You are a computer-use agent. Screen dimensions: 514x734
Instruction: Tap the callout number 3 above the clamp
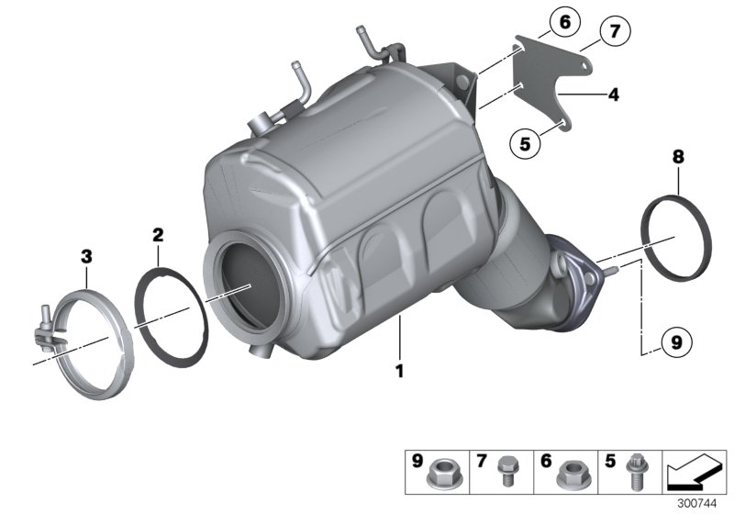(86, 259)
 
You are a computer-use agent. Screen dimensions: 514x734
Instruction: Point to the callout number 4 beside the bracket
(613, 94)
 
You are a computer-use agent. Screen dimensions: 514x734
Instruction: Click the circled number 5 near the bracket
(526, 142)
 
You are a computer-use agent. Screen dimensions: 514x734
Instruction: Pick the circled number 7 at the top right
(613, 32)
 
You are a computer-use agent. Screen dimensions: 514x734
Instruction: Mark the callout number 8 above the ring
(677, 158)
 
